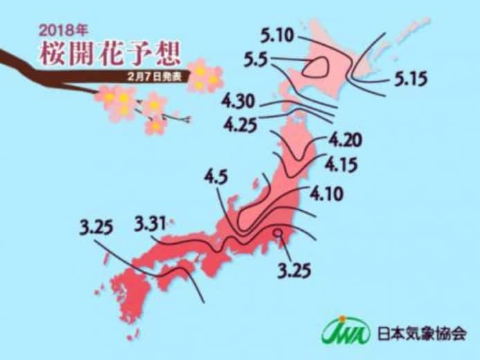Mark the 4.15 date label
tap(343, 166)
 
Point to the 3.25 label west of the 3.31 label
tap(95, 229)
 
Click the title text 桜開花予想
tap(103, 55)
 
